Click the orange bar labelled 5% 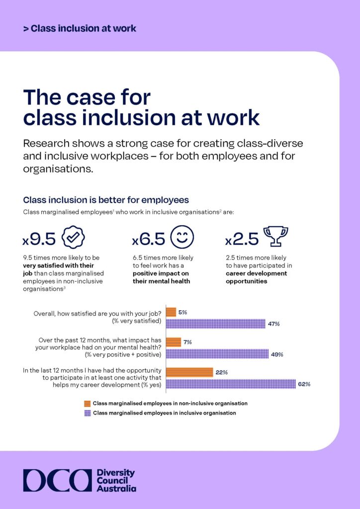171,312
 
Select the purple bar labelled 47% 215,324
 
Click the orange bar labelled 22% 189,372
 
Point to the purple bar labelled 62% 231,384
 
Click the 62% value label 304,384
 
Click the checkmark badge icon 73,238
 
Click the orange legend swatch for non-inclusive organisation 88,403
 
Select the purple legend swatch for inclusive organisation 88,413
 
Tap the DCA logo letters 57,480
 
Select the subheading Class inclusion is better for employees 106,200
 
